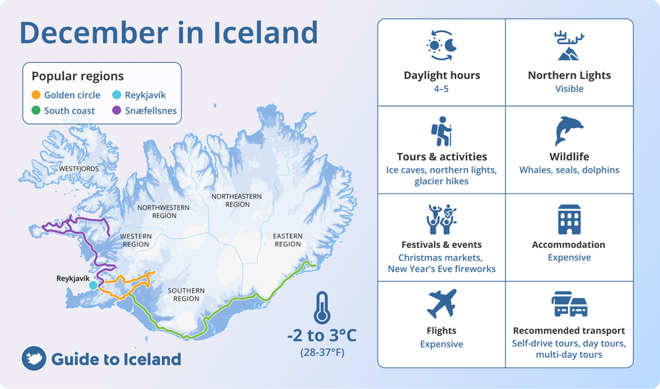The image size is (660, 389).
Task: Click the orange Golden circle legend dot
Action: point(36,95)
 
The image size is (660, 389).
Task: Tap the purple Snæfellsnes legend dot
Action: point(117,111)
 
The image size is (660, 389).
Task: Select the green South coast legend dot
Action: point(36,111)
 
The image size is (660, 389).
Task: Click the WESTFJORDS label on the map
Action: point(78,169)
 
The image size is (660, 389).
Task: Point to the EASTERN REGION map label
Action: point(288,240)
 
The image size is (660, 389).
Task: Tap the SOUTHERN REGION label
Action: point(186,294)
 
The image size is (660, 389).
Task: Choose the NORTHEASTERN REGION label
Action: point(236,200)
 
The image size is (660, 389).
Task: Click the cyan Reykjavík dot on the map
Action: point(93,285)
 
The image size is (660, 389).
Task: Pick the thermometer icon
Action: point(322,308)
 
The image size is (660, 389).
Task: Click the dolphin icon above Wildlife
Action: point(569,131)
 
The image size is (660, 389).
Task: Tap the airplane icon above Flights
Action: point(442,303)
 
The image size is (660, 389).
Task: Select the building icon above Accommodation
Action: point(569,219)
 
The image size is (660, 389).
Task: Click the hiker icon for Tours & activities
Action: point(442,131)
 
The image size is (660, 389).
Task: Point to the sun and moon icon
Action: point(442,46)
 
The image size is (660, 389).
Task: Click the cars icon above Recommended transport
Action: point(569,304)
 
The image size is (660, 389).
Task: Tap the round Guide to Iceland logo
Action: point(34,358)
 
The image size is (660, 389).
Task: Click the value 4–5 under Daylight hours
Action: point(441,89)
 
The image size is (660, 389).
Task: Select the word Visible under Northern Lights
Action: point(569,89)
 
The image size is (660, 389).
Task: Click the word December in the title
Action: point(93,32)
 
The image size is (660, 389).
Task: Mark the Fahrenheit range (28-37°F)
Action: point(322,352)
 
